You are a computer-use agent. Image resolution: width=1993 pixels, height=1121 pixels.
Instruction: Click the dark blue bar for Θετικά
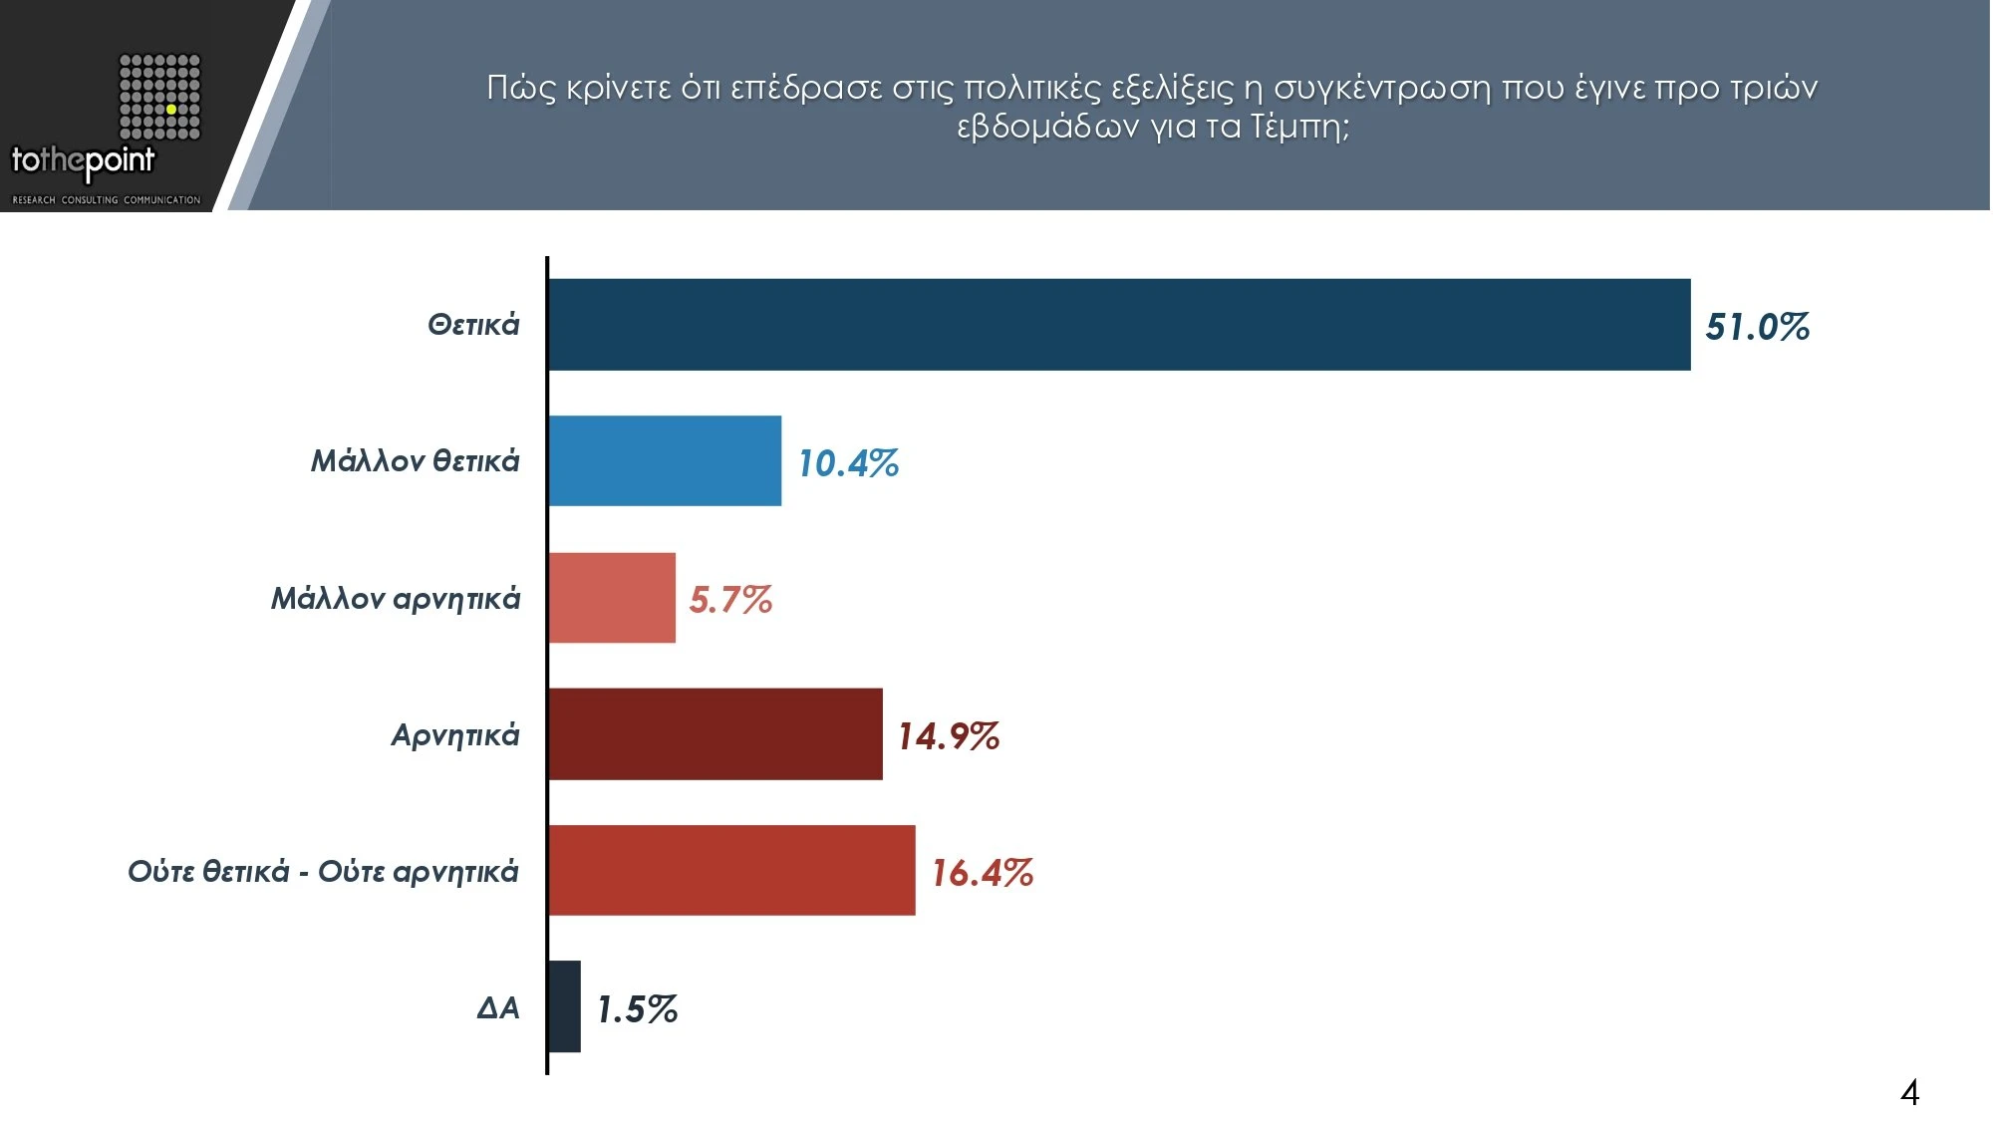click(x=1118, y=325)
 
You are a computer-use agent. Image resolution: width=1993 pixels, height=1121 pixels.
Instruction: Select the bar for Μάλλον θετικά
click(x=665, y=460)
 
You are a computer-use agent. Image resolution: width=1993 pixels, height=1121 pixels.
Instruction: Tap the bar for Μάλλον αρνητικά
click(x=612, y=598)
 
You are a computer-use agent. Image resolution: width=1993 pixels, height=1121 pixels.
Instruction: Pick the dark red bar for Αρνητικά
click(x=714, y=734)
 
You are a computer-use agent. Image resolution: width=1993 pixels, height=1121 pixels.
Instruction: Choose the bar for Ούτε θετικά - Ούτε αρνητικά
click(x=731, y=870)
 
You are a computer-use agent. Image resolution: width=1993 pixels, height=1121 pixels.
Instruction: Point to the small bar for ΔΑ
click(x=565, y=1006)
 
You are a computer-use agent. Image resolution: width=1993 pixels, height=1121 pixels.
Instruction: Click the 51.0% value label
click(x=1757, y=327)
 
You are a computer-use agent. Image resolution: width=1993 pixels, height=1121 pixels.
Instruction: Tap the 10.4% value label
click(x=848, y=463)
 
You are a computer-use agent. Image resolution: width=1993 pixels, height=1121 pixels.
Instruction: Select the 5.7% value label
click(x=730, y=600)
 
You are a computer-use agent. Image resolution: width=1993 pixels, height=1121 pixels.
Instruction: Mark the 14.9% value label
click(x=948, y=736)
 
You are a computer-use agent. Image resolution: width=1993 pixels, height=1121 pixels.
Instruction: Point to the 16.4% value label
click(x=982, y=873)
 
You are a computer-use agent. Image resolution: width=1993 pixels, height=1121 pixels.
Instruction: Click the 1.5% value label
click(x=637, y=1009)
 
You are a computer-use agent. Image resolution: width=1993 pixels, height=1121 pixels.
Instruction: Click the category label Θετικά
click(x=473, y=325)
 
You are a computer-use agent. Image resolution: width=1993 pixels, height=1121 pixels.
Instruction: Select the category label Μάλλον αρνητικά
click(x=396, y=598)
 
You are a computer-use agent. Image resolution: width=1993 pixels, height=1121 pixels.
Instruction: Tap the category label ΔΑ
click(x=498, y=1007)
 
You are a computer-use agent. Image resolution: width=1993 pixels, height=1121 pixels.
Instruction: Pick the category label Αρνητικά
click(x=455, y=735)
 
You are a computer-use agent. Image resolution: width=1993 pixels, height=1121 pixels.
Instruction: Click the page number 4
click(x=1909, y=1093)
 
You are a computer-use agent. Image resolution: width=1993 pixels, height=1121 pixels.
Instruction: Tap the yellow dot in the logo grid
click(x=171, y=109)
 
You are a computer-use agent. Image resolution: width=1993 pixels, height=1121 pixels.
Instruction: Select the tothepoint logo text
click(x=83, y=161)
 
